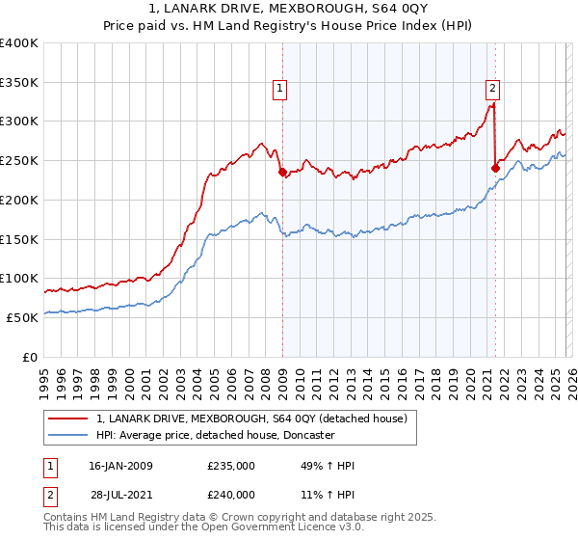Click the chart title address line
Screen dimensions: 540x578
[x=289, y=10]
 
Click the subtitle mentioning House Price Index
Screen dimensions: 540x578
[x=289, y=26]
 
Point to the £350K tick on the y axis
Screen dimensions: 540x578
[x=19, y=82]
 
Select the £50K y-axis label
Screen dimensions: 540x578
[x=22, y=317]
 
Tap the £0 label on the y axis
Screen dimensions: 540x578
[x=29, y=357]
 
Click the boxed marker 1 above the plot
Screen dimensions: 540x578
[x=279, y=90]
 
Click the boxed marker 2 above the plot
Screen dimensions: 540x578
[x=492, y=90]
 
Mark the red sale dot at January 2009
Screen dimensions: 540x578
[x=282, y=173]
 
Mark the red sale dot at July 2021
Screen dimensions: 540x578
[x=495, y=168]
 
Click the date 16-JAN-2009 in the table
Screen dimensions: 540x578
[x=120, y=466]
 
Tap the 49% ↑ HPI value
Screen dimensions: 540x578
[x=328, y=466]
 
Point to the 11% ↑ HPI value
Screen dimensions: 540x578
[x=328, y=494]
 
